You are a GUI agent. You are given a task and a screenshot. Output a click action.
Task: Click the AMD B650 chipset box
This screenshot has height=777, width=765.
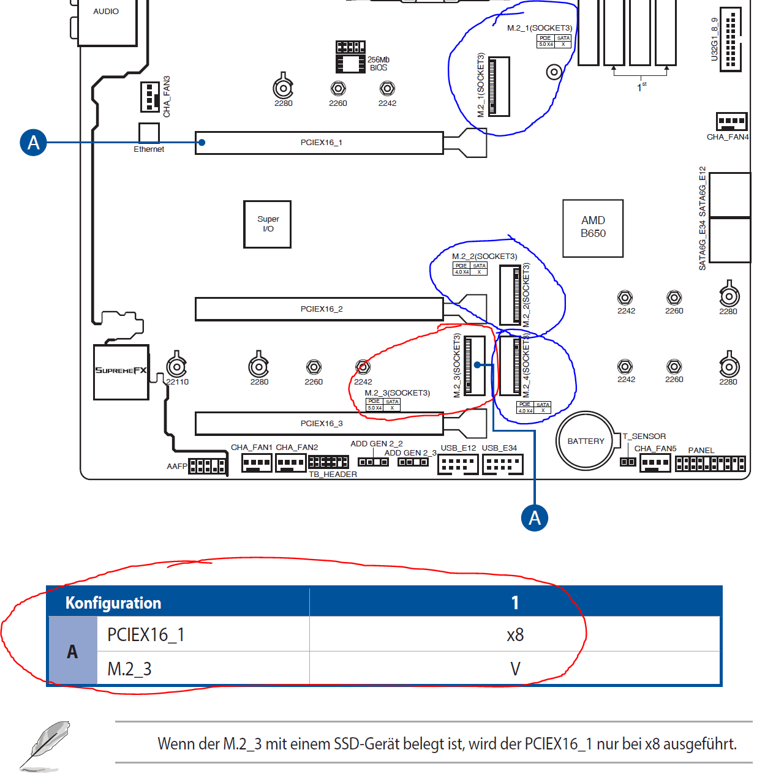pyautogui.click(x=593, y=228)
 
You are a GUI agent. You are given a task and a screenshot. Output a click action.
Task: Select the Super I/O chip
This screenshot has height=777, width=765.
pyautogui.click(x=268, y=224)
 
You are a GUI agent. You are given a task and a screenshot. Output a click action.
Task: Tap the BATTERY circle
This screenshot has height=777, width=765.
pyautogui.click(x=586, y=441)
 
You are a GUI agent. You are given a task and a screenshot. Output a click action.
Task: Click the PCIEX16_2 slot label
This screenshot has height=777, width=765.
pyautogui.click(x=322, y=309)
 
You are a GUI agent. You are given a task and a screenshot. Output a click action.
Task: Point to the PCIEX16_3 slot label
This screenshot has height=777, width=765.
pyautogui.click(x=322, y=424)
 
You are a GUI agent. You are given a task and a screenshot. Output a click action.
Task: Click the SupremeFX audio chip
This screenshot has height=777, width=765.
pyautogui.click(x=121, y=372)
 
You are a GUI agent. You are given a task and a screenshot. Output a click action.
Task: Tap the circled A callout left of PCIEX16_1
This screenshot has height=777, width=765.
pyautogui.click(x=34, y=143)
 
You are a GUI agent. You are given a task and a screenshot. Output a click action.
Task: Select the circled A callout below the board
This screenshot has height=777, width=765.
pyautogui.click(x=535, y=518)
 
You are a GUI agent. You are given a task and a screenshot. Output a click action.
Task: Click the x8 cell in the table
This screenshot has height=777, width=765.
pyautogui.click(x=515, y=635)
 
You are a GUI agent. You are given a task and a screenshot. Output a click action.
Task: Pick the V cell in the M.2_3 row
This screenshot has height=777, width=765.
pyautogui.click(x=515, y=669)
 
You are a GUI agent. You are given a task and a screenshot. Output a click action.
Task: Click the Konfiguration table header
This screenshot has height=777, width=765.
pyautogui.click(x=113, y=603)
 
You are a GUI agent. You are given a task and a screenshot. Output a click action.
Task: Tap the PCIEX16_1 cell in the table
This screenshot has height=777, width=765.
pyautogui.click(x=146, y=635)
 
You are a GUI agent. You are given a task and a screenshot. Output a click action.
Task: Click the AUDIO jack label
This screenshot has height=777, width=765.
pyautogui.click(x=106, y=12)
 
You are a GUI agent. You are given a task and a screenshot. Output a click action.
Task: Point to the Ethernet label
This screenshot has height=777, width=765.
pyautogui.click(x=149, y=149)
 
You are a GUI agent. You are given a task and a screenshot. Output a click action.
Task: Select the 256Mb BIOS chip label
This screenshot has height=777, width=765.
pyautogui.click(x=379, y=64)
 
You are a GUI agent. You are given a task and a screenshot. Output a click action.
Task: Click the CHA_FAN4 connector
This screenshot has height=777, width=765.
pyautogui.click(x=731, y=121)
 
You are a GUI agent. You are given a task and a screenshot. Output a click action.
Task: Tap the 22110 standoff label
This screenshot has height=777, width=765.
pyautogui.click(x=178, y=382)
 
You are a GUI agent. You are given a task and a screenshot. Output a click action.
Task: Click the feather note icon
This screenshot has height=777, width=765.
pyautogui.click(x=44, y=745)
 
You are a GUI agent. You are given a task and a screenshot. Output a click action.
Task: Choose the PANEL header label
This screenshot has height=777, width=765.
pyautogui.click(x=701, y=451)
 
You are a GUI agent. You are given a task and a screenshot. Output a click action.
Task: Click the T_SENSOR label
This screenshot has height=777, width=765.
pyautogui.click(x=644, y=437)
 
